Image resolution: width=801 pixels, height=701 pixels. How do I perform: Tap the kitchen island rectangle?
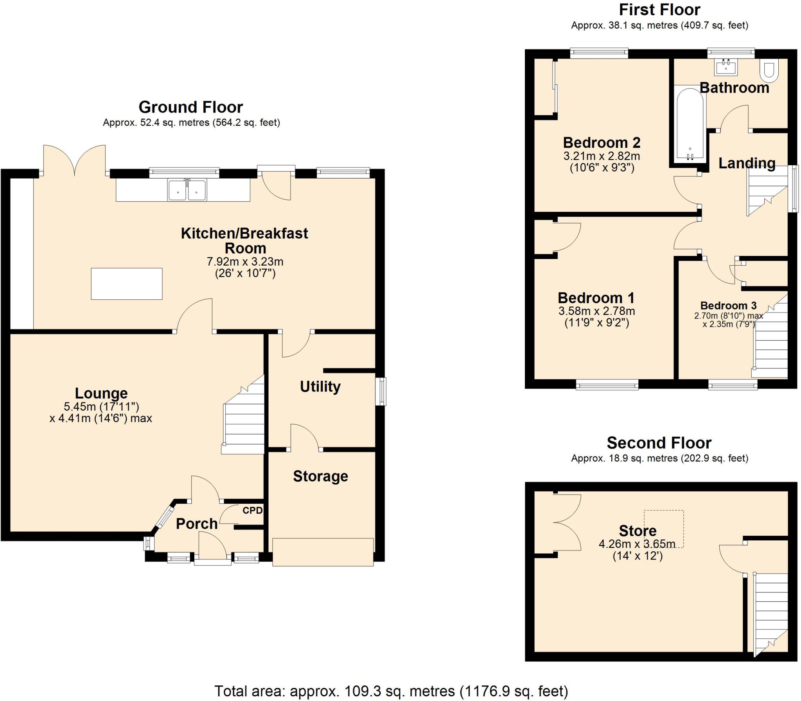pos(126,284)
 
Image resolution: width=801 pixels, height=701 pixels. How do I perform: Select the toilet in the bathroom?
pos(769,70)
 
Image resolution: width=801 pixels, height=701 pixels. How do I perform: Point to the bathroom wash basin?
pos(726,67)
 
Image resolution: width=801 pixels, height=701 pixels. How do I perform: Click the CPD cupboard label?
pos(252,510)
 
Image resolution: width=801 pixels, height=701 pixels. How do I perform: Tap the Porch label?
pos(196,523)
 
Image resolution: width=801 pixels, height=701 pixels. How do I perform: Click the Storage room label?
pos(320,476)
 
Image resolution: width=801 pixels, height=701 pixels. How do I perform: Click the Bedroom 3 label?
pos(728,305)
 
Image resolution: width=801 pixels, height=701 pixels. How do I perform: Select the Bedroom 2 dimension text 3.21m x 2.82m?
pos(602,156)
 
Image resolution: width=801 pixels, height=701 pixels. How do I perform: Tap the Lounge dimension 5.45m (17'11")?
pos(101,406)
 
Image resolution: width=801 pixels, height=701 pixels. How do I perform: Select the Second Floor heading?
pos(659,443)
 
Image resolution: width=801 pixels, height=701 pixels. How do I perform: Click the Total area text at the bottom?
pos(391,691)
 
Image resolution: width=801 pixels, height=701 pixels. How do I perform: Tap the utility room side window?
pos(381,391)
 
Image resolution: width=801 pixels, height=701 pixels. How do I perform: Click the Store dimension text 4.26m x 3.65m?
pos(637,544)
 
